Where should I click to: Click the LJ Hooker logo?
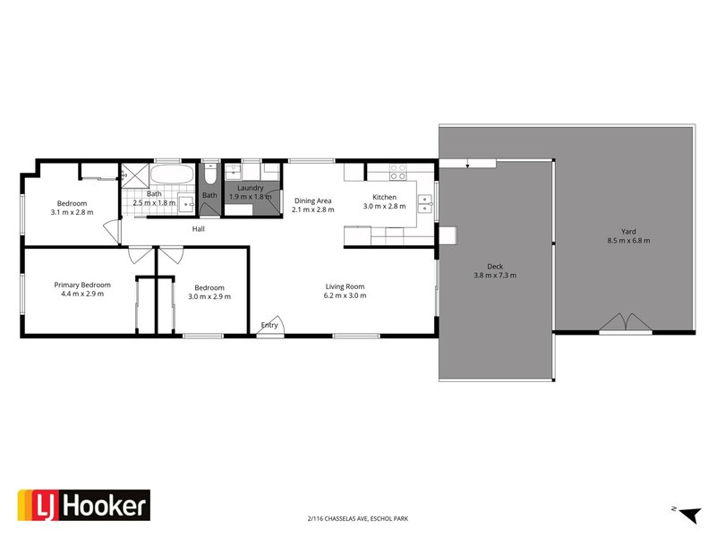(84, 507)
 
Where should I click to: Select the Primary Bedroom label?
(81, 285)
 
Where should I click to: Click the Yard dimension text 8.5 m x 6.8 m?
(628, 240)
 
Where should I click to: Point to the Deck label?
(495, 266)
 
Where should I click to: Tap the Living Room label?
(345, 286)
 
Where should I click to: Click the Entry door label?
(268, 325)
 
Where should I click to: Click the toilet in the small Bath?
(209, 172)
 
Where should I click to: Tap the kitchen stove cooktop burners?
(398, 171)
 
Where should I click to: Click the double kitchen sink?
(423, 204)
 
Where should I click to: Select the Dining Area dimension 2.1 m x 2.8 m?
(312, 209)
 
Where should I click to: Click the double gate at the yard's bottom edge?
(624, 323)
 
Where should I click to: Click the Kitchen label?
(384, 197)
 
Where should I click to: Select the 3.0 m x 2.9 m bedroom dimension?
(206, 297)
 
